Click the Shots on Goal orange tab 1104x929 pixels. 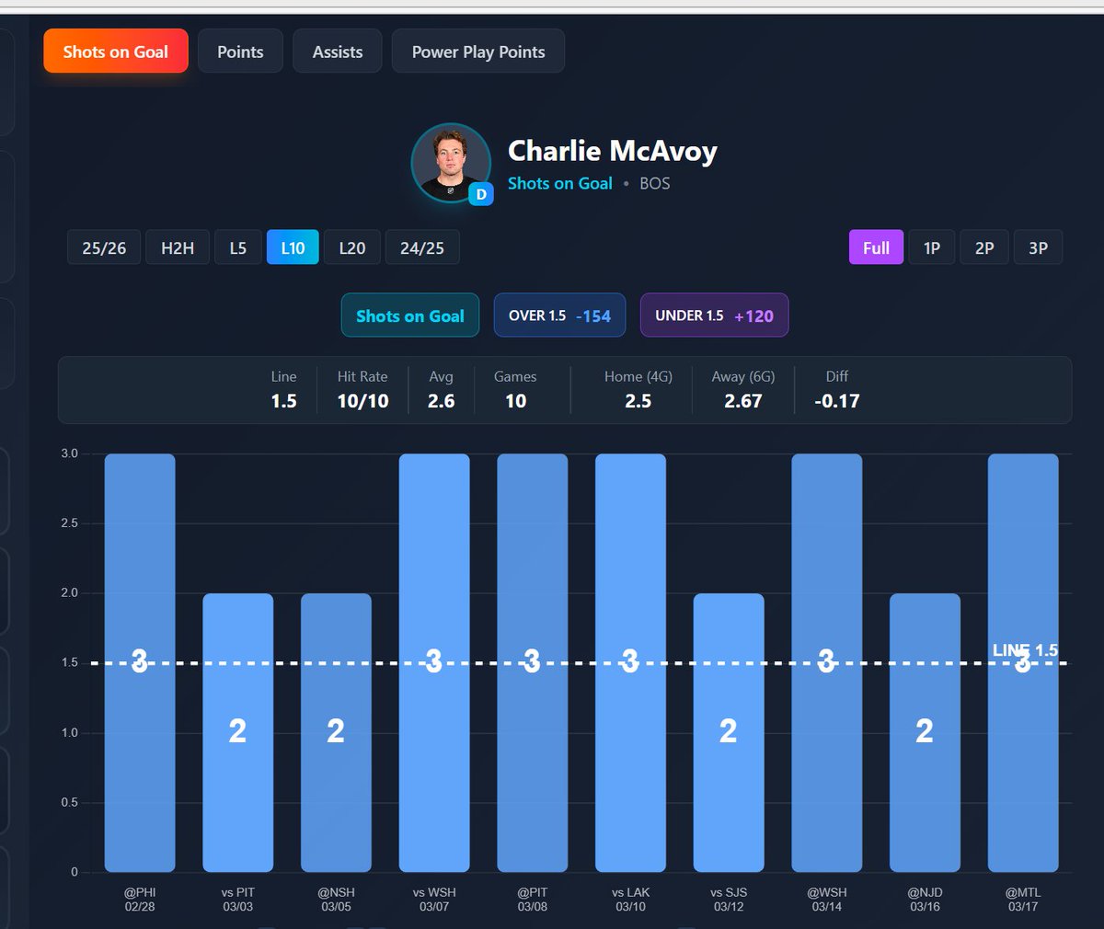pos(116,52)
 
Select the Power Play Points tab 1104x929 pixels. pos(477,52)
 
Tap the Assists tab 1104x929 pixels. pos(337,52)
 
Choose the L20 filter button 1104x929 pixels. pos(351,247)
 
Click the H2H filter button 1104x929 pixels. pos(178,247)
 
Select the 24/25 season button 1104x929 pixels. pos(421,247)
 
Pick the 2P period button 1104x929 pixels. pos(983,247)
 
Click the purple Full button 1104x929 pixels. pos(875,247)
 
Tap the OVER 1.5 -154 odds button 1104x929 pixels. pos(559,315)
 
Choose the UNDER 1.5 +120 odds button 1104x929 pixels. pos(714,315)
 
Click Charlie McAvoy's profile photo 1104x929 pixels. pos(450,161)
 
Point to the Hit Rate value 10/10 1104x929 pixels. pos(362,401)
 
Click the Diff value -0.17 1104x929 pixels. pos(836,401)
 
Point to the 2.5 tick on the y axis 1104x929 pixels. pos(69,522)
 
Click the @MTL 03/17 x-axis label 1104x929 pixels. pos(1022,899)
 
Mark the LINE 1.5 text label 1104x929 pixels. pos(1025,650)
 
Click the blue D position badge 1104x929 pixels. pos(480,194)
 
